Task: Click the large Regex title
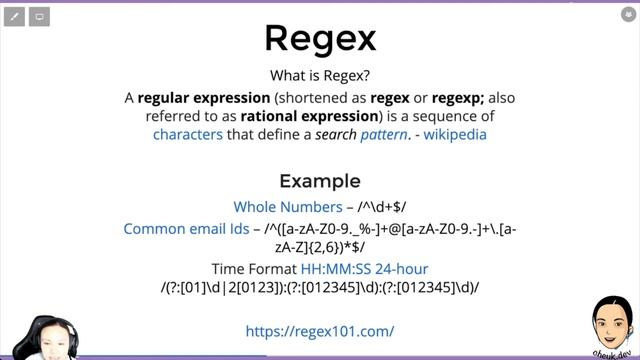320,38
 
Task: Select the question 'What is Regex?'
320,76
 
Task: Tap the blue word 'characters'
188,134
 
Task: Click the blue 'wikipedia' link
455,134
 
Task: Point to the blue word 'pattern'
384,134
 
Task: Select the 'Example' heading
320,181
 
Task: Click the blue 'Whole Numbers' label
288,207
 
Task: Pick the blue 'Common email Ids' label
186,229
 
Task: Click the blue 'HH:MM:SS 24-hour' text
364,269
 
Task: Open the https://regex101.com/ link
320,331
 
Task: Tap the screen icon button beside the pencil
39,17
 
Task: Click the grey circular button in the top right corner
628,14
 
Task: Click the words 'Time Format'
254,269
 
